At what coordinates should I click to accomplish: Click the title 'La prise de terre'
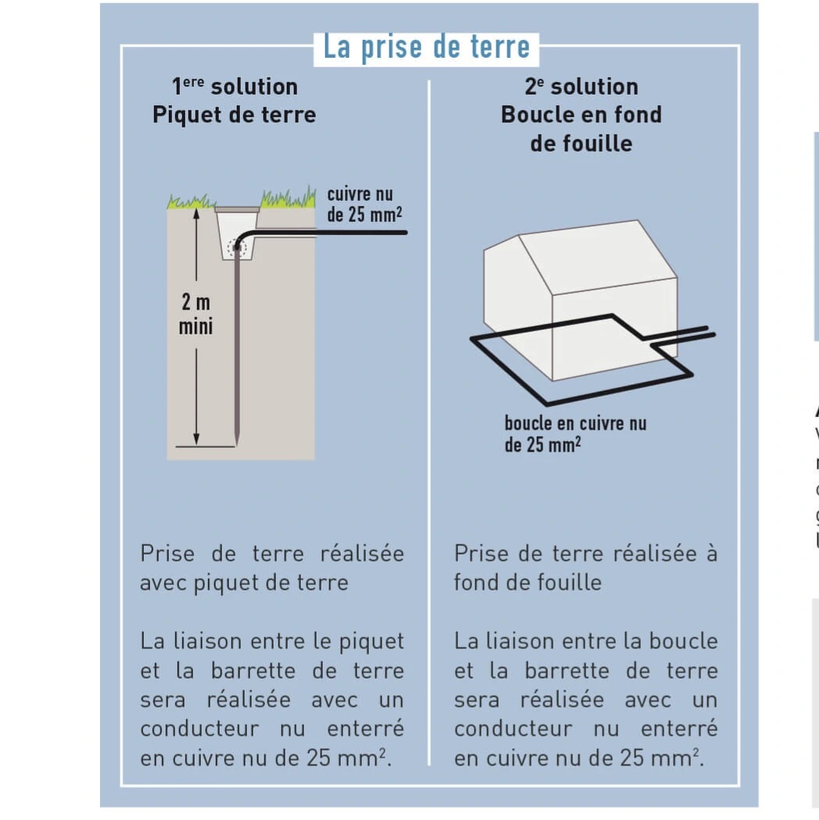click(x=426, y=47)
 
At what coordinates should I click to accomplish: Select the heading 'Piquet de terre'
click(x=234, y=115)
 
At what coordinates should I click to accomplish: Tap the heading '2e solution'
click(x=581, y=86)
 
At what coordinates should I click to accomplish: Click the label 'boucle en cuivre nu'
click(x=576, y=424)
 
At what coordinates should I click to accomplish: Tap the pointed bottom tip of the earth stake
click(x=236, y=444)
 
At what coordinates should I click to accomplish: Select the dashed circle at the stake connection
click(x=236, y=248)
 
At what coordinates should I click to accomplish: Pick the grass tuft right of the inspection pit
click(x=288, y=198)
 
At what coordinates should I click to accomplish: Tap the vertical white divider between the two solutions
click(x=429, y=422)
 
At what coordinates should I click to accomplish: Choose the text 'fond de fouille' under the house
click(x=528, y=583)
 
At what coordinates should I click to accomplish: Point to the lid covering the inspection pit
click(x=237, y=209)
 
